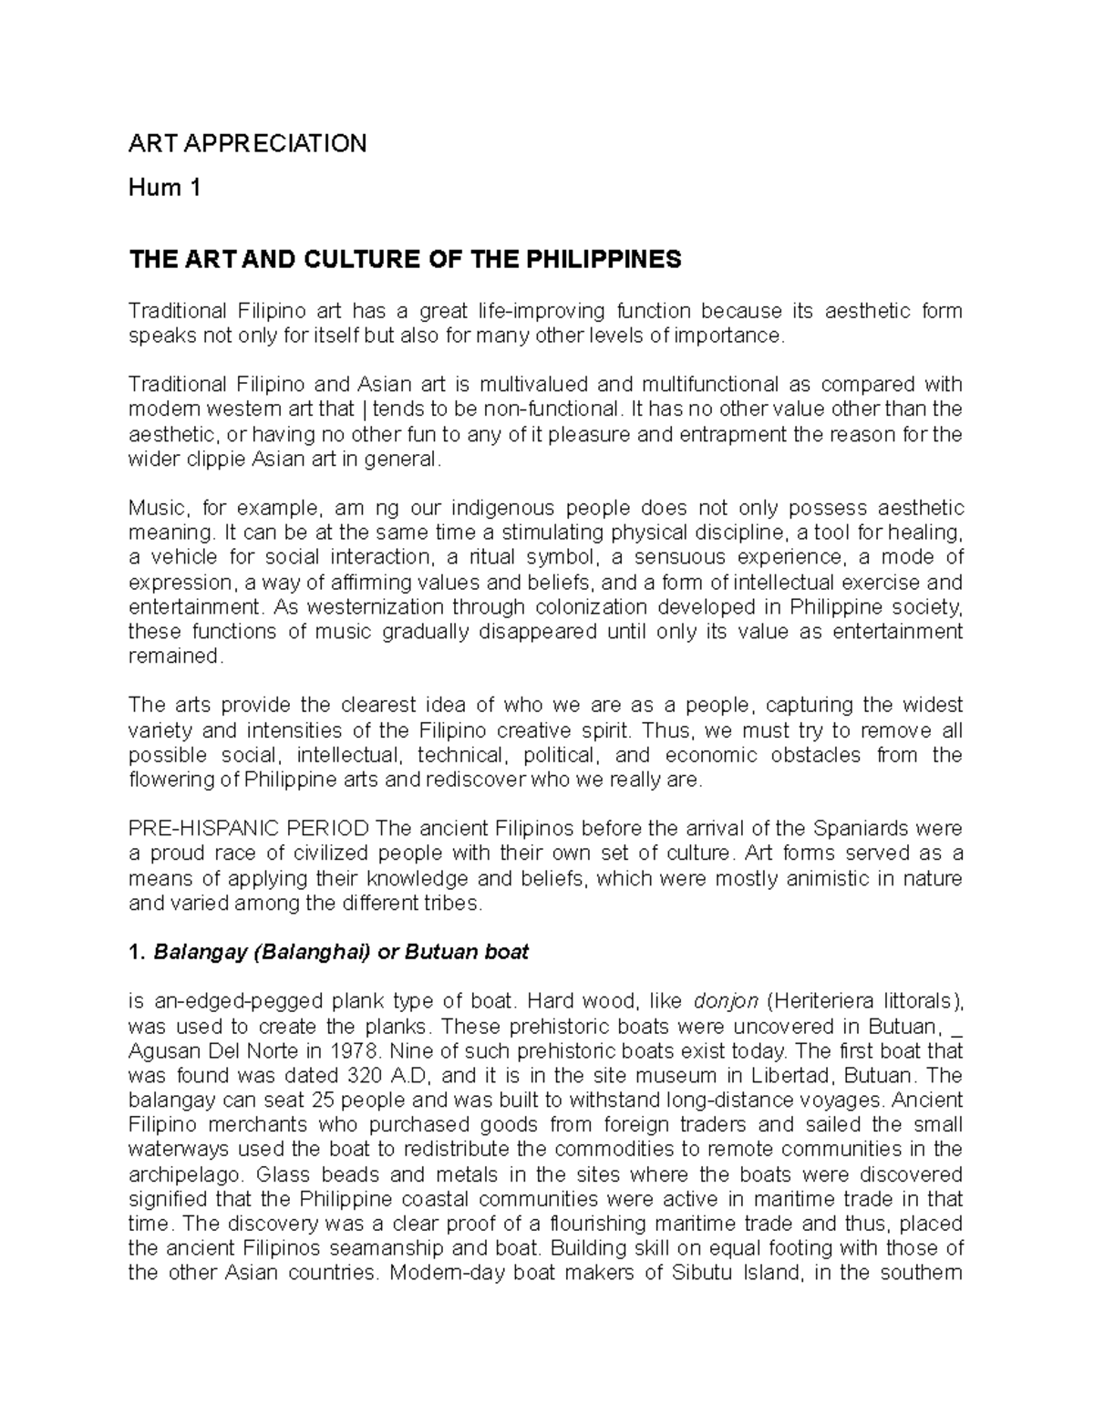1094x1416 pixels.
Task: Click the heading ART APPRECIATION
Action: click(x=247, y=143)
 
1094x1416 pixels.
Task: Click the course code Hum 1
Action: click(x=164, y=189)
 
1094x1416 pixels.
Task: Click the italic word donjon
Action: click(x=727, y=1000)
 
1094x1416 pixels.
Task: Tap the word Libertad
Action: click(x=785, y=1074)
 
